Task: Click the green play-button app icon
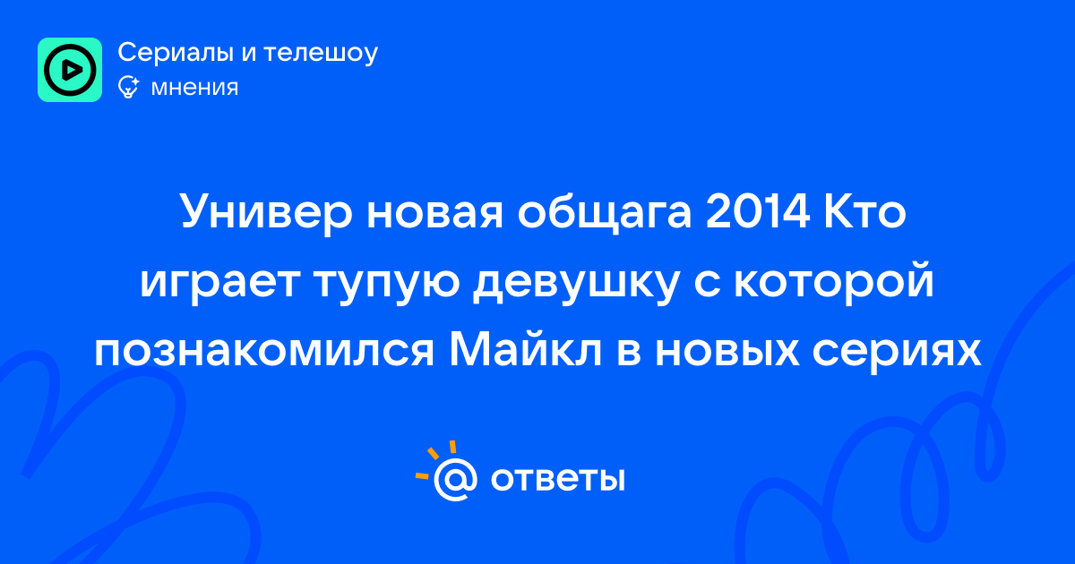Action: (70, 70)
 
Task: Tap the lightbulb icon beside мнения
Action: (128, 87)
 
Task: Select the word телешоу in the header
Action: (321, 53)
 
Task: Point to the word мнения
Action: (194, 88)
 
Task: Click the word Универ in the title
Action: (266, 212)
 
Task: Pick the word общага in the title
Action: (604, 212)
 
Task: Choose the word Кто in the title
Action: (864, 211)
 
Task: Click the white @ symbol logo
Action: (455, 479)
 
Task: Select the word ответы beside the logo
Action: (557, 479)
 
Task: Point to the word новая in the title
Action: (434, 212)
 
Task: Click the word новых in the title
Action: (727, 351)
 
